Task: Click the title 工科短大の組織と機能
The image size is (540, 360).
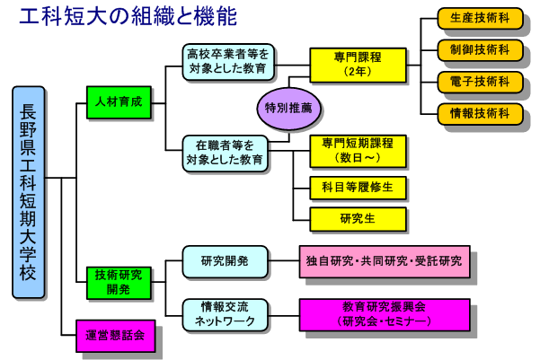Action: click(x=128, y=16)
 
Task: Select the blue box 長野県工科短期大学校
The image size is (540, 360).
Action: click(x=28, y=192)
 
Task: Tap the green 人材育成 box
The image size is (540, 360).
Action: click(x=119, y=102)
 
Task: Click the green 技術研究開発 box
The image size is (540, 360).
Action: click(x=119, y=283)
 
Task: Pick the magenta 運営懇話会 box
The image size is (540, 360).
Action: click(x=115, y=336)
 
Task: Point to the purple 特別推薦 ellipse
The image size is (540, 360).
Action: click(x=289, y=109)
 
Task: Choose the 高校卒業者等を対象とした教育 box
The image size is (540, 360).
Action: click(x=228, y=62)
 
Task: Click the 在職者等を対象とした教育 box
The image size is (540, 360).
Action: click(x=225, y=154)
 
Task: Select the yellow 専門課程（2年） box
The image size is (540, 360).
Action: click(x=359, y=65)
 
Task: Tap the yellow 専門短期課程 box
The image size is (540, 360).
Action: click(x=359, y=151)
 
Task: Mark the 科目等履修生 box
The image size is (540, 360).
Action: click(x=359, y=188)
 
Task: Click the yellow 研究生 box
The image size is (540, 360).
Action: click(x=359, y=219)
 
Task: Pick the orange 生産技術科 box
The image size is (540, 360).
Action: click(x=480, y=18)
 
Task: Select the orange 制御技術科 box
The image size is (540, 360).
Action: click(x=480, y=50)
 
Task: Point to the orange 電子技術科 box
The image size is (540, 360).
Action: click(x=480, y=83)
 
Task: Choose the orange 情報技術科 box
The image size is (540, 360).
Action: click(x=480, y=114)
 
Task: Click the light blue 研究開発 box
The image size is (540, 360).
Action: click(x=225, y=261)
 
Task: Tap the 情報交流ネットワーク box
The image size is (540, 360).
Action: click(x=225, y=315)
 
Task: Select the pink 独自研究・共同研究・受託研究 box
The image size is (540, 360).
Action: click(x=385, y=261)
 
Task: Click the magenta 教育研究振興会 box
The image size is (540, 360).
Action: click(x=385, y=315)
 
